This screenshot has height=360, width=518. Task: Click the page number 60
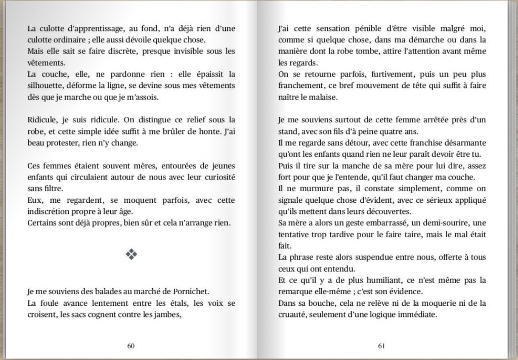(x=131, y=346)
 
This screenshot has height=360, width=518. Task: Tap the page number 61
(x=381, y=346)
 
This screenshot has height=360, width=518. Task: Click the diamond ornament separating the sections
(x=131, y=255)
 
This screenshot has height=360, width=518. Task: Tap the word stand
(x=288, y=131)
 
